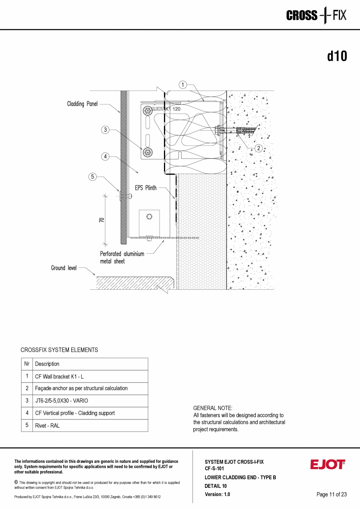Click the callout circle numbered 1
pos(183,84)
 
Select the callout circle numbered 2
pos(259,148)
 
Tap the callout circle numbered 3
pos(104,130)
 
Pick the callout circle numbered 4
pos(105,157)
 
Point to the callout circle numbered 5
pos(93,177)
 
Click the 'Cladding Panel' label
pos(82,104)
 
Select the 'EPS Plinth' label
pos(146,188)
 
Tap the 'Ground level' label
pos(64,268)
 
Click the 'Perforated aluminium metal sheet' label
pos(122,257)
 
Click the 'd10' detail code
pos(337,56)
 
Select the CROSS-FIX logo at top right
pos(316,16)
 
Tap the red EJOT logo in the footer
pos(328,464)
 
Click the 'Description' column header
pos(47,364)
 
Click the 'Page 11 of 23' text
pos(331,495)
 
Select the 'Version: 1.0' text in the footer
pos(217,495)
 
